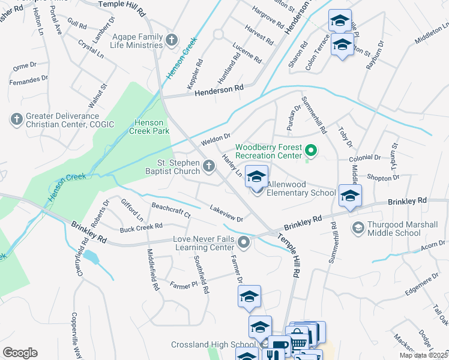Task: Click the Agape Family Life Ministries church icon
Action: (172, 40)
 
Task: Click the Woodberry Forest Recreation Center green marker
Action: (311, 151)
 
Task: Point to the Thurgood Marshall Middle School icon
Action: (358, 228)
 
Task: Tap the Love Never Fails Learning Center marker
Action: (244, 243)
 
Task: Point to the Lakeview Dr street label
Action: (226, 214)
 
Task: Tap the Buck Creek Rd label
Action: (141, 227)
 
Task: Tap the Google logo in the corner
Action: (20, 352)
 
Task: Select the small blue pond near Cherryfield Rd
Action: (91, 258)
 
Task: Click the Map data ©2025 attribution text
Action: (423, 355)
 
